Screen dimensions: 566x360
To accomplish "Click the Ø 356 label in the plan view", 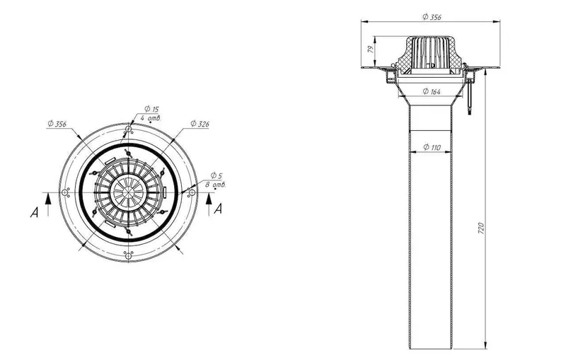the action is [x=57, y=124].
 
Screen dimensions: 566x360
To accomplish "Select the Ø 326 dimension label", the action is [x=200, y=124].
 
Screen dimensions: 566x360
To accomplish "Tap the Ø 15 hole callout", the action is [x=151, y=109].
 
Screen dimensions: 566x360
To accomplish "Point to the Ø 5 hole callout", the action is [x=216, y=175].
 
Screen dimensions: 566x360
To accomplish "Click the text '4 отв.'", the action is [x=150, y=117].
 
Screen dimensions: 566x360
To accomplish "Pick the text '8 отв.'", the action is [x=216, y=185].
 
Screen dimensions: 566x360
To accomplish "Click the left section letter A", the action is [x=34, y=212].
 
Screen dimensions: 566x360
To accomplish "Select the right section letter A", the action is [x=218, y=209].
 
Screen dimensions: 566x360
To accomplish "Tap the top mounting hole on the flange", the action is [x=129, y=129].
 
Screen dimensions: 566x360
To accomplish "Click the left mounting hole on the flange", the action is [x=65, y=192].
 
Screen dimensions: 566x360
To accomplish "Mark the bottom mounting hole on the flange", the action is [x=129, y=256].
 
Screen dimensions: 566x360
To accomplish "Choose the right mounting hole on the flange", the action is [x=192, y=192].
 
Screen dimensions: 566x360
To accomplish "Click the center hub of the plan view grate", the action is [x=129, y=192].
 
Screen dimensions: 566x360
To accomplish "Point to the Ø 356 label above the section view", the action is [x=432, y=17].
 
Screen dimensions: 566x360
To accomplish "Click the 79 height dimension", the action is [x=371, y=50].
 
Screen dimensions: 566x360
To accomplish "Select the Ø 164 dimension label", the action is [x=432, y=91].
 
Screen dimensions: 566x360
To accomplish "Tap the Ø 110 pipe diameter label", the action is [x=432, y=147].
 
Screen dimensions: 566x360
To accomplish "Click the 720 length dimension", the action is [x=481, y=228].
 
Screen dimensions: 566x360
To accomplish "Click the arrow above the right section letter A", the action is [x=209, y=204].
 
